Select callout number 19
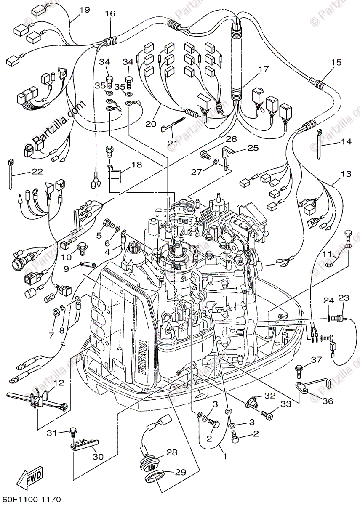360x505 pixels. click(84, 10)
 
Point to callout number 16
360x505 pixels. click(110, 13)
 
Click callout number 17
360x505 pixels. click(263, 69)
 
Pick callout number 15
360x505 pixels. click(336, 63)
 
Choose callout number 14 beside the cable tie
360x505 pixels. click(346, 142)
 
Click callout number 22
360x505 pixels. click(37, 172)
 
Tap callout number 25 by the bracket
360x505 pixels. click(253, 148)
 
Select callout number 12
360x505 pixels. click(59, 383)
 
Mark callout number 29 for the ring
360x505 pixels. click(180, 472)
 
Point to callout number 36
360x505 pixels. click(328, 401)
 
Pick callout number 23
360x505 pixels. click(344, 298)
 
